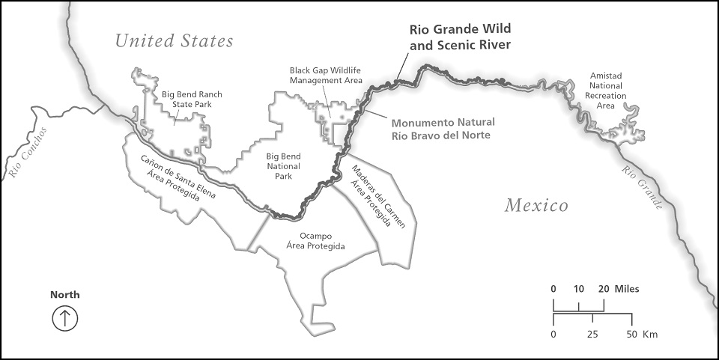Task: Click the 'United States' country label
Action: coord(174,40)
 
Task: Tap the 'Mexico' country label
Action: coord(536,205)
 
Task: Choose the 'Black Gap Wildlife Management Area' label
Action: coord(326,75)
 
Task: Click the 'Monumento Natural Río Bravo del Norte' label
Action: coord(440,128)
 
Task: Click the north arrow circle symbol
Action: coord(65,318)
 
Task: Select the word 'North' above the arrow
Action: coord(65,295)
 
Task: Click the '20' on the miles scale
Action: coord(604,289)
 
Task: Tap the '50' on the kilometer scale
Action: coord(631,334)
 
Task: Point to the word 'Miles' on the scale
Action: coord(627,289)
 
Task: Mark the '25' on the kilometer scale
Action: coord(592,334)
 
